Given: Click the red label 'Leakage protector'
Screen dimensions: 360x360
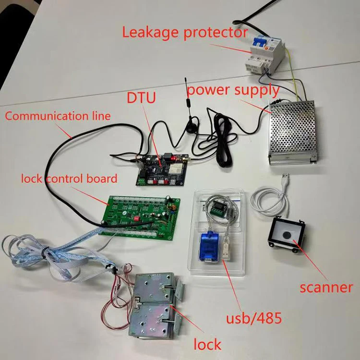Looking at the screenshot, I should [184, 32].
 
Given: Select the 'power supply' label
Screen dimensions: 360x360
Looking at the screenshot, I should [233, 90].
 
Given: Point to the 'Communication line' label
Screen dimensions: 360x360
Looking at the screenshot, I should [58, 116].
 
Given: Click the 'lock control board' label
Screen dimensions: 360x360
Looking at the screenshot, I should [69, 179].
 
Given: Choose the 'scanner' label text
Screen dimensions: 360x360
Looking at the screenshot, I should [326, 288].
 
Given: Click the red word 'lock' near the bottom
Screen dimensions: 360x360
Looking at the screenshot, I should [207, 344].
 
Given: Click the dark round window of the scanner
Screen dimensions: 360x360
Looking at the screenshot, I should [287, 236].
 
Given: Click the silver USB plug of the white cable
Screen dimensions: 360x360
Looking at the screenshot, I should [285, 181].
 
